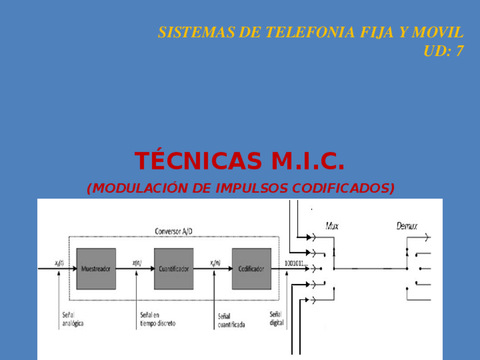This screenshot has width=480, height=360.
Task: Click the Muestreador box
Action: tap(96, 269)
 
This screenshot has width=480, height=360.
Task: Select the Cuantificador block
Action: tap(173, 269)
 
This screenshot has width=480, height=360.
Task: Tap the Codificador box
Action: tap(251, 269)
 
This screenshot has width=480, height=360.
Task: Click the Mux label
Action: tap(332, 226)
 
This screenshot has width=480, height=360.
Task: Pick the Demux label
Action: tap(406, 226)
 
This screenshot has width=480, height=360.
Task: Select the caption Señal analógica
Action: tap(72, 319)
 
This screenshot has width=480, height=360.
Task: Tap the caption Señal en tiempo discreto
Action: tap(157, 319)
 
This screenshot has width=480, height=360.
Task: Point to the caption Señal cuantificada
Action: tap(232, 321)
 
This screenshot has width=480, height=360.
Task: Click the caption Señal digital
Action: tap(276, 319)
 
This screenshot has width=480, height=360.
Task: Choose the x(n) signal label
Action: tap(137, 263)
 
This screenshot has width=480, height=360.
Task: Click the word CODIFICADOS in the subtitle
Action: tap(348, 188)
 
